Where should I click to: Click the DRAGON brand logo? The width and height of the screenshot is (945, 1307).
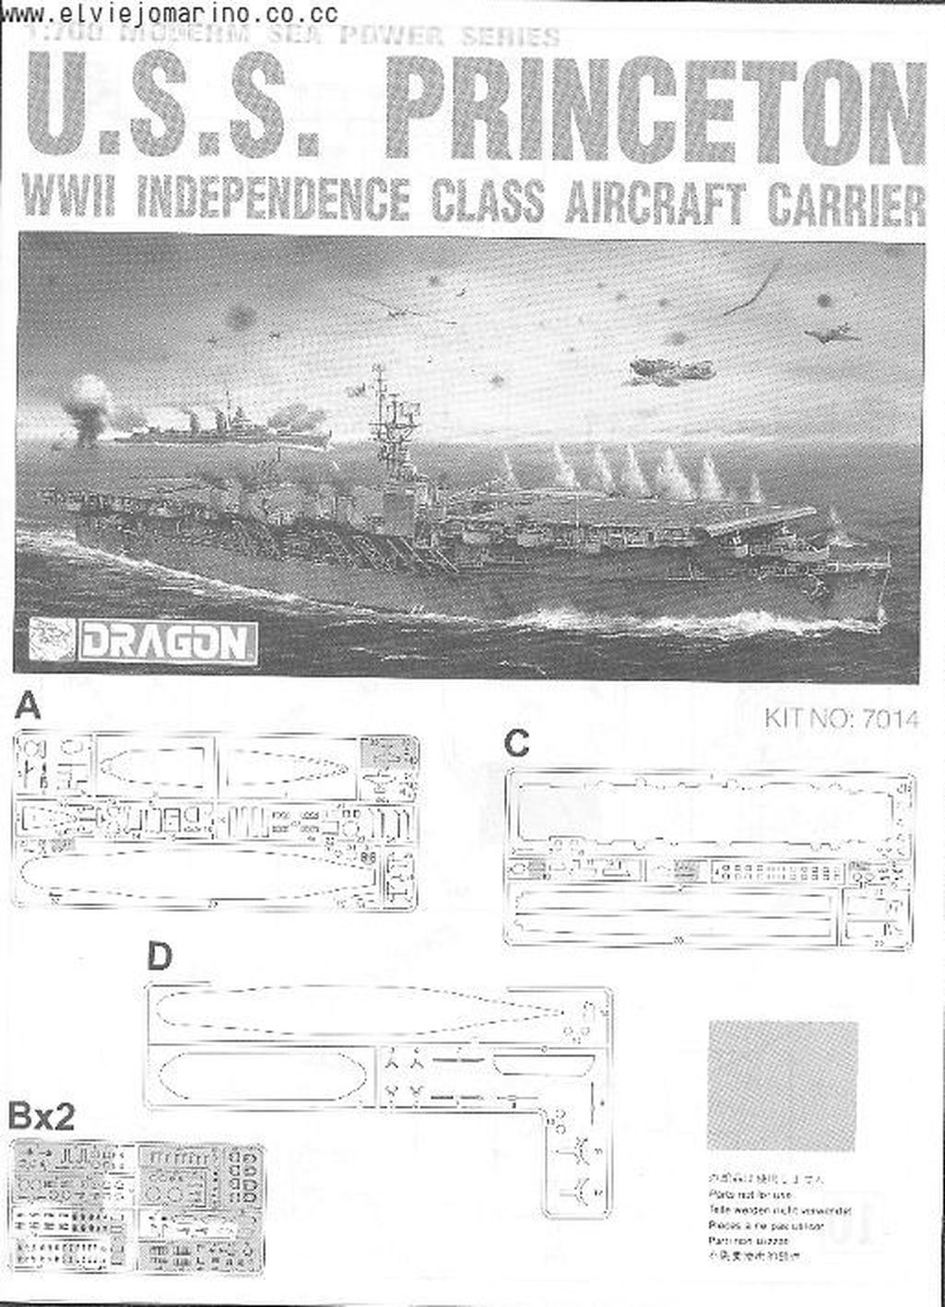click(166, 642)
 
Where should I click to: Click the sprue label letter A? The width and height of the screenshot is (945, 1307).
click(29, 707)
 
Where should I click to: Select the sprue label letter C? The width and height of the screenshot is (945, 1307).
click(517, 743)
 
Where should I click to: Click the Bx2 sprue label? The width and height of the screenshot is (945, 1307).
click(41, 1117)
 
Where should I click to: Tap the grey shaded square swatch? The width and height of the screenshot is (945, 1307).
click(783, 1084)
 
